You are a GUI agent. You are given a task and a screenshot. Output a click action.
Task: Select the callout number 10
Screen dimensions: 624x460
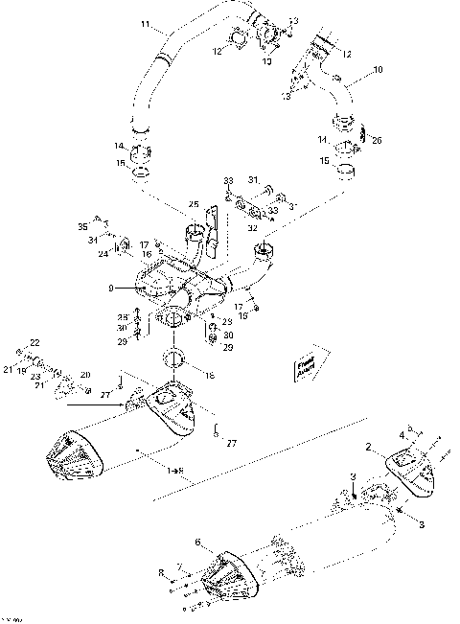[377, 70]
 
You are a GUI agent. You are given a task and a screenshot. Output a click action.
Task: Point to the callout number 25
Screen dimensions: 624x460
[193, 203]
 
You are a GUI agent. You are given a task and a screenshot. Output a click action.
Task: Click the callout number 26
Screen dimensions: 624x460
[376, 140]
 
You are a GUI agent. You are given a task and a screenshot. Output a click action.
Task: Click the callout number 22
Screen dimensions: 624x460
[34, 342]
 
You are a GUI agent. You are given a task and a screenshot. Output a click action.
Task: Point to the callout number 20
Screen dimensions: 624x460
[84, 374]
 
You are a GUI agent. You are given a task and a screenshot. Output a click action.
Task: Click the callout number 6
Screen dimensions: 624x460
[198, 543]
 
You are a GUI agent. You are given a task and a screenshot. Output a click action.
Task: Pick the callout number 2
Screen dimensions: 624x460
[367, 447]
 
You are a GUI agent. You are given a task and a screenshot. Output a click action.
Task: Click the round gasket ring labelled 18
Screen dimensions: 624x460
[173, 360]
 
